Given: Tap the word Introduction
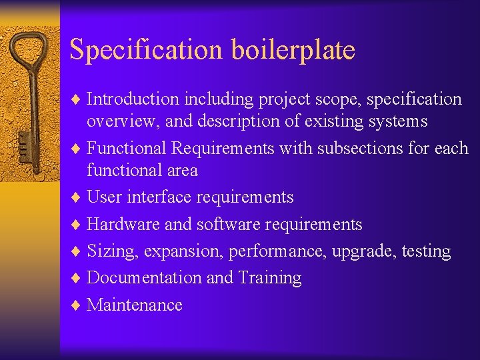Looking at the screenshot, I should coord(133,99).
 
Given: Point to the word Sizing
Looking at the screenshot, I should coord(110,252).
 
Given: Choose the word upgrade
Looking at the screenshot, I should coord(366,252).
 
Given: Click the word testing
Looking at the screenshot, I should coord(427,252).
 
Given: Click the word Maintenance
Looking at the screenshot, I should coord(135,305).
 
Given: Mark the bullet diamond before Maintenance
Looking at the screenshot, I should coord(77,305).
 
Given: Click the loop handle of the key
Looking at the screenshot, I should coord(30,50).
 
